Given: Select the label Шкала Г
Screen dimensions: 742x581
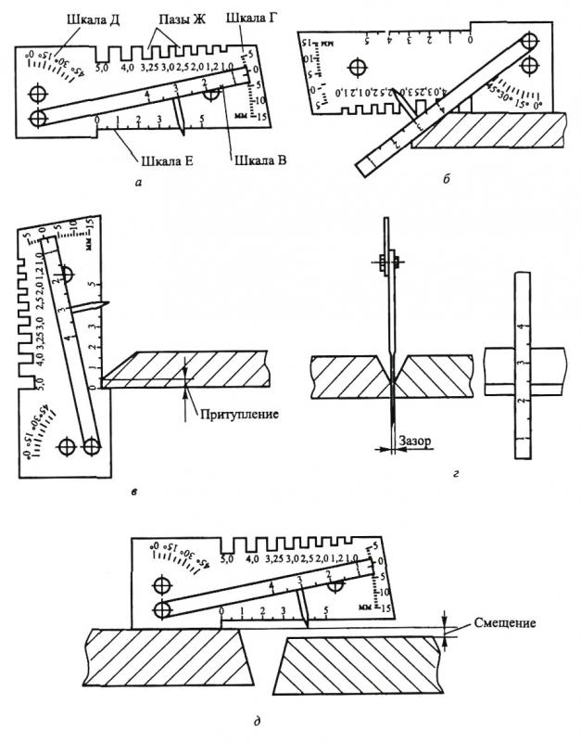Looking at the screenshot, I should (255, 17).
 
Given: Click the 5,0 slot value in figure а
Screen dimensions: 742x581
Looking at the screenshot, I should (102, 69).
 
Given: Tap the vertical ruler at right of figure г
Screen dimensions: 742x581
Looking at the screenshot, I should (524, 371).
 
